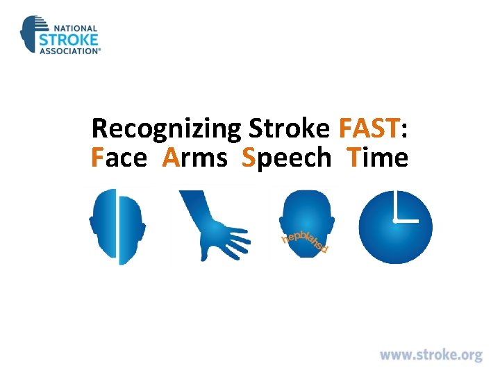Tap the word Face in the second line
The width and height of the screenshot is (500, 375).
(x=119, y=158)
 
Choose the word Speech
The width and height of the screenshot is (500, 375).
(x=287, y=159)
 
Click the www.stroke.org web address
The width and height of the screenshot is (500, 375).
(x=431, y=356)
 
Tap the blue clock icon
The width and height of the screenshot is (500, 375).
(x=395, y=226)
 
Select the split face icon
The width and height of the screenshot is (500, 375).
(x=117, y=227)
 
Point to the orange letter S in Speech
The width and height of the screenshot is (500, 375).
(x=249, y=158)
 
